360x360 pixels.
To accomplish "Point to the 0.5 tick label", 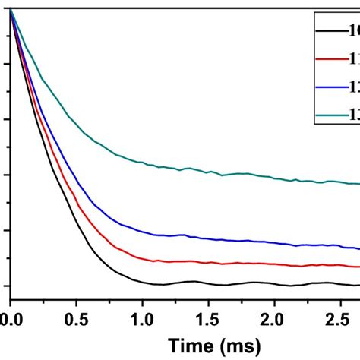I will (x=76, y=313).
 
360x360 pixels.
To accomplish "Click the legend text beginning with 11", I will (x=354, y=58).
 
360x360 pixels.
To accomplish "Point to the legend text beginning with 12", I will (x=354, y=87).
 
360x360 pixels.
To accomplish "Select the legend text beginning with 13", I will (x=354, y=115).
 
